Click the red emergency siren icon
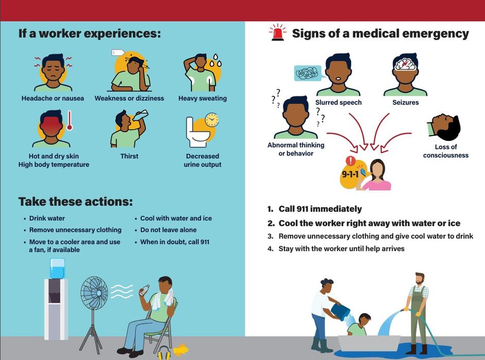(277, 32)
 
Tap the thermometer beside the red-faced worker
(69, 120)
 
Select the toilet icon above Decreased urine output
(197, 132)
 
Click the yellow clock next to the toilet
(212, 120)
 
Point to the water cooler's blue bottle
(57, 268)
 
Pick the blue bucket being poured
(340, 312)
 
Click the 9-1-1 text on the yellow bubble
(350, 174)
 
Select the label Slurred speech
(338, 102)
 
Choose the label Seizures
(405, 102)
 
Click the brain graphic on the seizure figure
(405, 64)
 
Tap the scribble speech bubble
(307, 74)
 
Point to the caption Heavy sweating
(203, 98)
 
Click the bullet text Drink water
(47, 219)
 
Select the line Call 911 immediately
(320, 209)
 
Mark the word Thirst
(129, 156)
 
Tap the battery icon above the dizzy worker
(118, 52)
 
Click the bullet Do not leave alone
(168, 230)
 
